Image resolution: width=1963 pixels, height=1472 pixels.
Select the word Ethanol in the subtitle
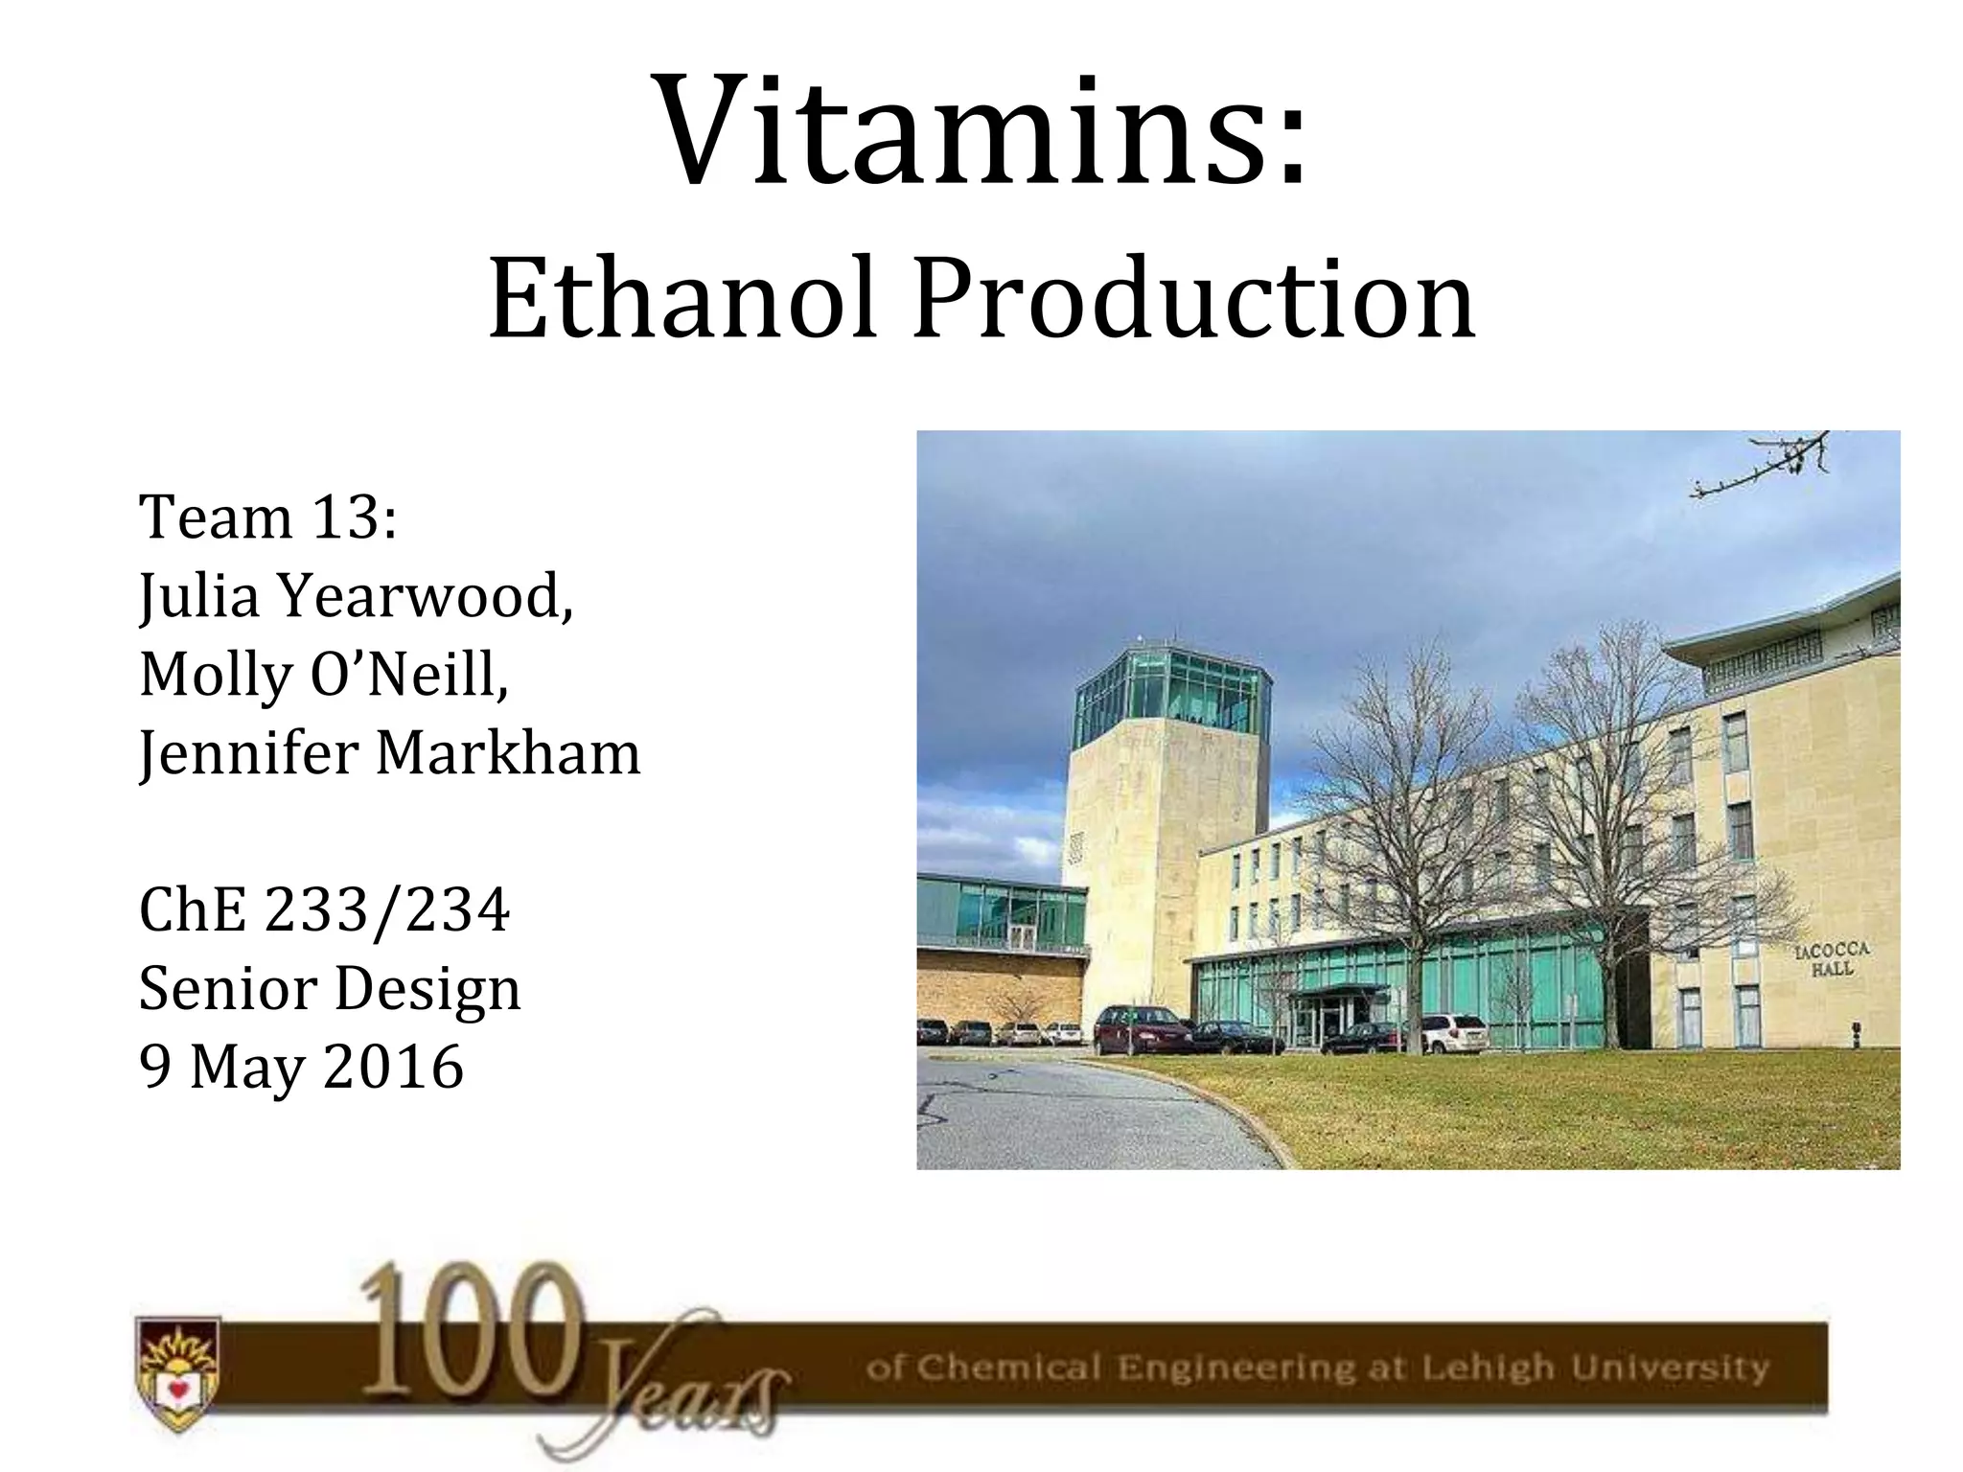pos(682,299)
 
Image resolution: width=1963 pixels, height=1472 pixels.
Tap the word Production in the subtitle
pos(1193,299)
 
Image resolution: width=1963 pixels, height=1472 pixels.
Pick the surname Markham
pos(508,753)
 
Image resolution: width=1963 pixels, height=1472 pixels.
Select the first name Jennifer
pos(249,753)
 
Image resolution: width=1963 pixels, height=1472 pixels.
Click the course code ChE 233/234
pos(324,909)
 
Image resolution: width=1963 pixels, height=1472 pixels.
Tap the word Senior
pos(227,988)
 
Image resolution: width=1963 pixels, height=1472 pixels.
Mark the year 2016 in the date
pos(394,1067)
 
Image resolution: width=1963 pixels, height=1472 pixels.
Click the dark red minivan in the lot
pos(1141,1030)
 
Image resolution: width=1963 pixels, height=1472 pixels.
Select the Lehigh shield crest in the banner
pos(178,1372)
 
